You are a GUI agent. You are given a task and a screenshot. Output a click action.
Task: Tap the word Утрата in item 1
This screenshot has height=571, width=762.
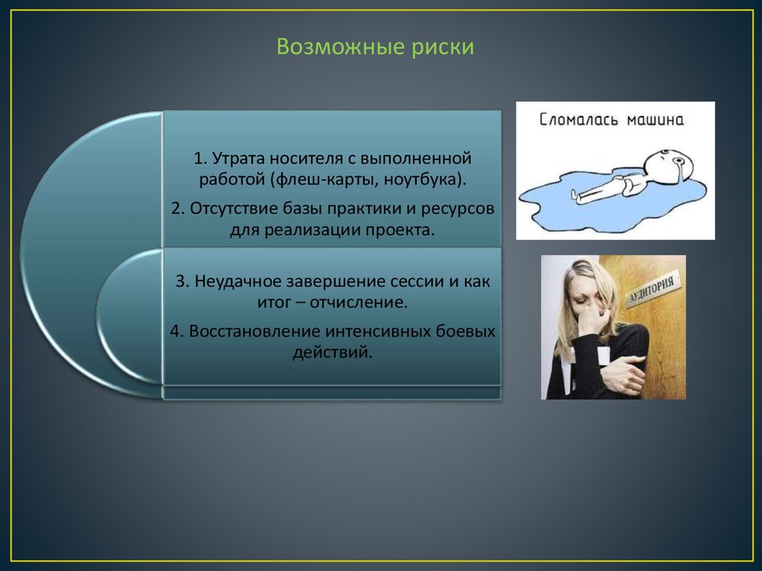(x=239, y=158)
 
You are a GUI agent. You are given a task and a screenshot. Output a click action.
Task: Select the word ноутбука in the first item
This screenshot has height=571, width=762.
(x=422, y=179)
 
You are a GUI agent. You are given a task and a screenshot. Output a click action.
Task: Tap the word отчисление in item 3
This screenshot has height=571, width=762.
(x=358, y=302)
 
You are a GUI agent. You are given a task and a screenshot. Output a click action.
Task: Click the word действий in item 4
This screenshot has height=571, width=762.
(x=333, y=352)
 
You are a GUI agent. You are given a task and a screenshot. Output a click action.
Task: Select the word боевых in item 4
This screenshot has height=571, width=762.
(x=465, y=331)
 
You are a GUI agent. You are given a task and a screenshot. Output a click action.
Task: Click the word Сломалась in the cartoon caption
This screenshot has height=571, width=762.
(x=579, y=119)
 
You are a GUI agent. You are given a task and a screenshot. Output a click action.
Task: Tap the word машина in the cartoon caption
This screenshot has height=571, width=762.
(x=655, y=120)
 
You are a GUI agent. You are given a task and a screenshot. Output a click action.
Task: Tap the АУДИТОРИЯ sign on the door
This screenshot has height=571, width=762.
(x=652, y=290)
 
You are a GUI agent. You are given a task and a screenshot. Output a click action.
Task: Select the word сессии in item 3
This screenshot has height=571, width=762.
(x=415, y=281)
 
